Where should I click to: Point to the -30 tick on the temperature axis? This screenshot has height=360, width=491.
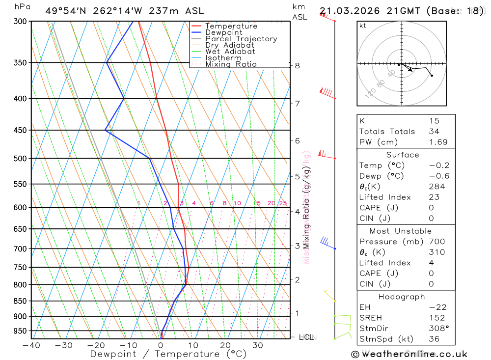tap(63, 345)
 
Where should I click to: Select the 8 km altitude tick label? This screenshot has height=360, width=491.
tap(298, 65)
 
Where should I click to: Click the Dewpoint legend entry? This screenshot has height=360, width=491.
tap(223, 32)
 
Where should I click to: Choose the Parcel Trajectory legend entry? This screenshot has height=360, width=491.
tap(241, 39)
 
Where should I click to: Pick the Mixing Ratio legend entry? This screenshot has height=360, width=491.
tap(231, 64)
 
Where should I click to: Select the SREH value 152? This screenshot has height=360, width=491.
tap(436, 318)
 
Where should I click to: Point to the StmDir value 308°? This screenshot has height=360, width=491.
tap(437, 329)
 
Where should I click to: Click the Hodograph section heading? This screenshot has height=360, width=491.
tap(402, 297)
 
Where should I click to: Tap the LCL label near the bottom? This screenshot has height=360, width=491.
tap(306, 337)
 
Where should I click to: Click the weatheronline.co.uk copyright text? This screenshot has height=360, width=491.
tap(409, 354)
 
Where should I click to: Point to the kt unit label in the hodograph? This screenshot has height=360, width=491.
tap(363, 26)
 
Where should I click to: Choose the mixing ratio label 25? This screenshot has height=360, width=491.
tap(283, 203)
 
